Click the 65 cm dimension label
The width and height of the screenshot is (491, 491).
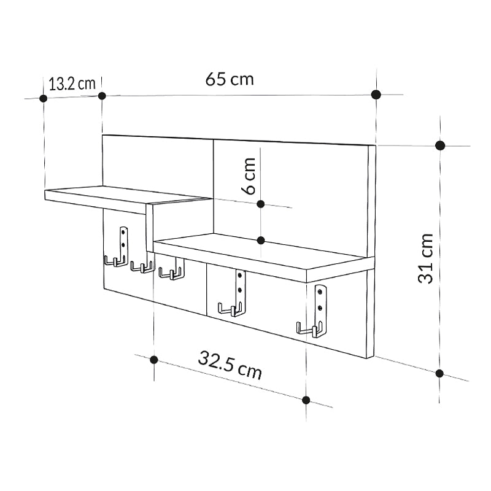(229, 79)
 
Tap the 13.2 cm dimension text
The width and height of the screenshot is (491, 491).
(72, 84)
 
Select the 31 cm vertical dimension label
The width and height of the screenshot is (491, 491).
(426, 258)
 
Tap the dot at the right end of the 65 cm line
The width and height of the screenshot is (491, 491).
(376, 95)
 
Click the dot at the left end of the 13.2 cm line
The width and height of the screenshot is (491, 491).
(43, 98)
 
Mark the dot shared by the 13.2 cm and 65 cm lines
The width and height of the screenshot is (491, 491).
(102, 96)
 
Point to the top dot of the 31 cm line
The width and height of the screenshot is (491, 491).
(439, 145)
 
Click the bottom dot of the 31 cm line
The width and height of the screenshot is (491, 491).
(439, 373)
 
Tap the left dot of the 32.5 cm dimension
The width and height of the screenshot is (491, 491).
(154, 360)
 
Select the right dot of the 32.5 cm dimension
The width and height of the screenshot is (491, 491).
(306, 400)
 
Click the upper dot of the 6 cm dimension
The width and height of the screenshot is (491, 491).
(260, 204)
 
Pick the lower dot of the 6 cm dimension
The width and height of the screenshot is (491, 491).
(260, 240)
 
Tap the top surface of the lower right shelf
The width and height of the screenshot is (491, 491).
(258, 249)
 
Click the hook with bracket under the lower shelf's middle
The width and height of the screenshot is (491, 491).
(236, 295)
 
